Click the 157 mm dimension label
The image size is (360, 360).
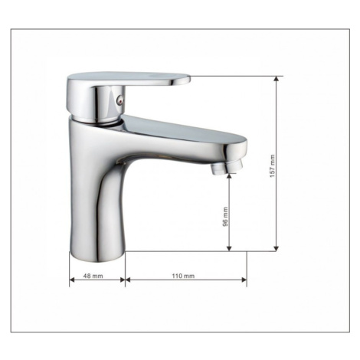click(x=273, y=166)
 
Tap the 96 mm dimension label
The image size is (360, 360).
click(x=225, y=217)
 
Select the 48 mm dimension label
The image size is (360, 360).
click(x=93, y=276)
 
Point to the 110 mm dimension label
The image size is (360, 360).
click(x=183, y=276)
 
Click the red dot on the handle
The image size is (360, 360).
click(x=118, y=101)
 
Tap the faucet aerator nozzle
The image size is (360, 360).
click(x=226, y=166)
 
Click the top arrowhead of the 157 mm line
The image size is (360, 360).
click(x=276, y=79)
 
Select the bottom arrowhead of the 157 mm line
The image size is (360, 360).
click(x=276, y=248)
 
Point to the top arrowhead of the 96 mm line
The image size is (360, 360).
click(x=229, y=176)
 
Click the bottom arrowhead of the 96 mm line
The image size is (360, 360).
click(x=229, y=248)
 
